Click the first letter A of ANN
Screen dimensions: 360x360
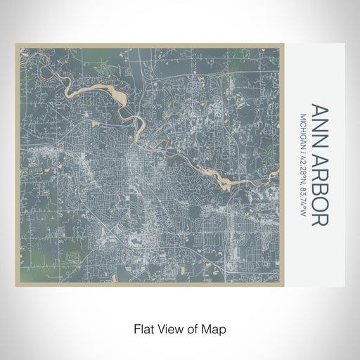point(319,110)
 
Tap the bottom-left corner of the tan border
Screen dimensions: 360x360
point(17,285)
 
